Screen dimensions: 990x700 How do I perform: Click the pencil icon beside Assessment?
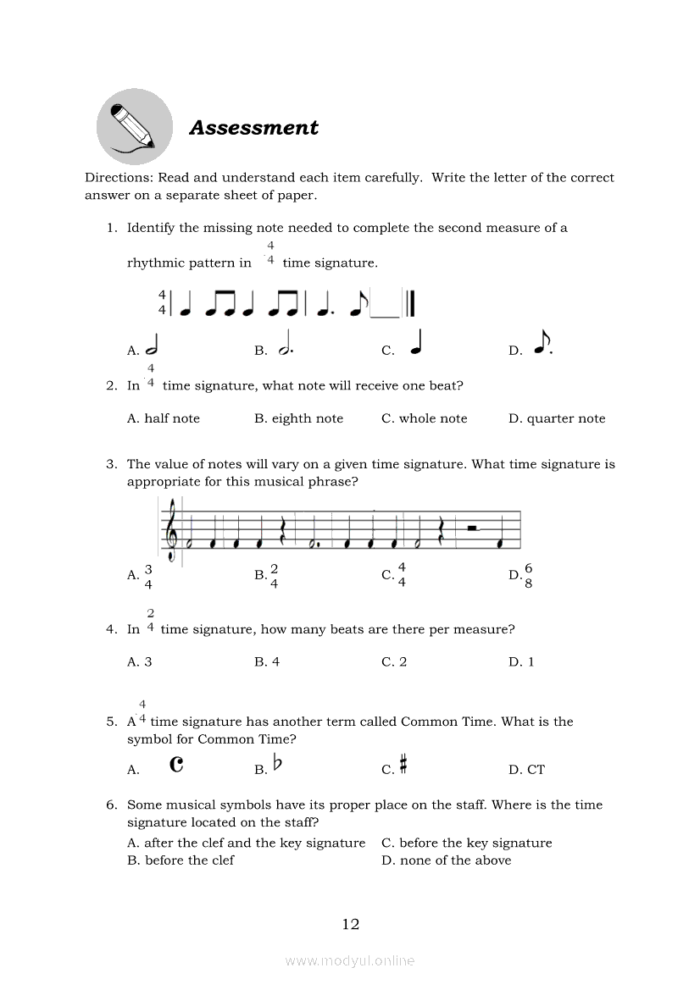point(134,127)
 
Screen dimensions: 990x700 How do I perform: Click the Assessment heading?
point(253,128)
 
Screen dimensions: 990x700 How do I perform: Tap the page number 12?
point(351,924)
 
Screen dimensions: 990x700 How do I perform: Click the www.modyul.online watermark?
point(350,960)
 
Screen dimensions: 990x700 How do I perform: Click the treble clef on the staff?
point(173,531)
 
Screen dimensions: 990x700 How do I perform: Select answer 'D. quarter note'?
point(557,418)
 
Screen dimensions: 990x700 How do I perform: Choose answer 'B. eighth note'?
point(298,418)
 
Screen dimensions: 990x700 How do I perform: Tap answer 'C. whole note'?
point(424,418)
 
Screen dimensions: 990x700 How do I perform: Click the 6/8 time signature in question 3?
point(529,576)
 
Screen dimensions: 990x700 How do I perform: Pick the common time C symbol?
point(176,765)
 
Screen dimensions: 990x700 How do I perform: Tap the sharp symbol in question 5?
point(403,766)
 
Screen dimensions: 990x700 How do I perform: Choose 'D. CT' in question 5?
point(526,770)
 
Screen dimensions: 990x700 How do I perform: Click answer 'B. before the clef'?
point(181,860)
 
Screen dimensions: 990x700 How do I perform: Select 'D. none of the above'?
point(446,860)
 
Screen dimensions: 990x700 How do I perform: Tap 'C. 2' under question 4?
point(394,662)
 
